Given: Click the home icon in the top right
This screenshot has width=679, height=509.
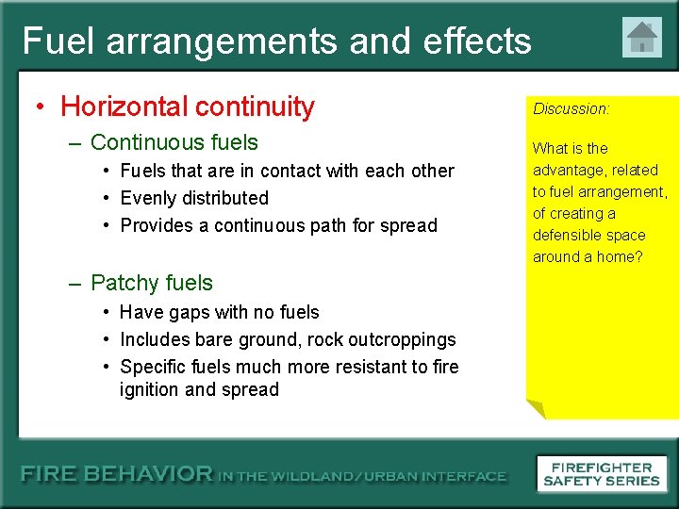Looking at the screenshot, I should pyautogui.click(x=642, y=38).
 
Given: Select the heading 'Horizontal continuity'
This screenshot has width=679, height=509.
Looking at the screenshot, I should pyautogui.click(x=187, y=107).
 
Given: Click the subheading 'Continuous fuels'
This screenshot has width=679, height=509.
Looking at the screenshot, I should pyautogui.click(x=174, y=142).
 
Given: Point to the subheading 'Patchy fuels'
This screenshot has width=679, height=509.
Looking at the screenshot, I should pyautogui.click(x=152, y=283).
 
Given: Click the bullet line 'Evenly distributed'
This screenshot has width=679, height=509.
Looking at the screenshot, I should pyautogui.click(x=194, y=198).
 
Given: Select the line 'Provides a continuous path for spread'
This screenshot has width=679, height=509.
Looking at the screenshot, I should pyautogui.click(x=279, y=225).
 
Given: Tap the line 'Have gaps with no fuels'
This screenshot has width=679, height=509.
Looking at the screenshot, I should pyautogui.click(x=220, y=312).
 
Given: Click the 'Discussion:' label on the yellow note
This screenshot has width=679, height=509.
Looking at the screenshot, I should pyautogui.click(x=571, y=108).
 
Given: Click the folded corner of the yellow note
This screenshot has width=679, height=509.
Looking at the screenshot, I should pyautogui.click(x=536, y=408).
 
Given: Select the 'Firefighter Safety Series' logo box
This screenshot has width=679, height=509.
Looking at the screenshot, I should pyautogui.click(x=602, y=473).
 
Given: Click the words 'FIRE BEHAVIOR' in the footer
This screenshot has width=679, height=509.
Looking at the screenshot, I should pyautogui.click(x=117, y=475).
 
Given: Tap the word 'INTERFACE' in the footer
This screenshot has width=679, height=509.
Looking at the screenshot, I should pyautogui.click(x=461, y=476).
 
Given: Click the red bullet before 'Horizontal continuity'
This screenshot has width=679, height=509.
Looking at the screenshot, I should pyautogui.click(x=41, y=107).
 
